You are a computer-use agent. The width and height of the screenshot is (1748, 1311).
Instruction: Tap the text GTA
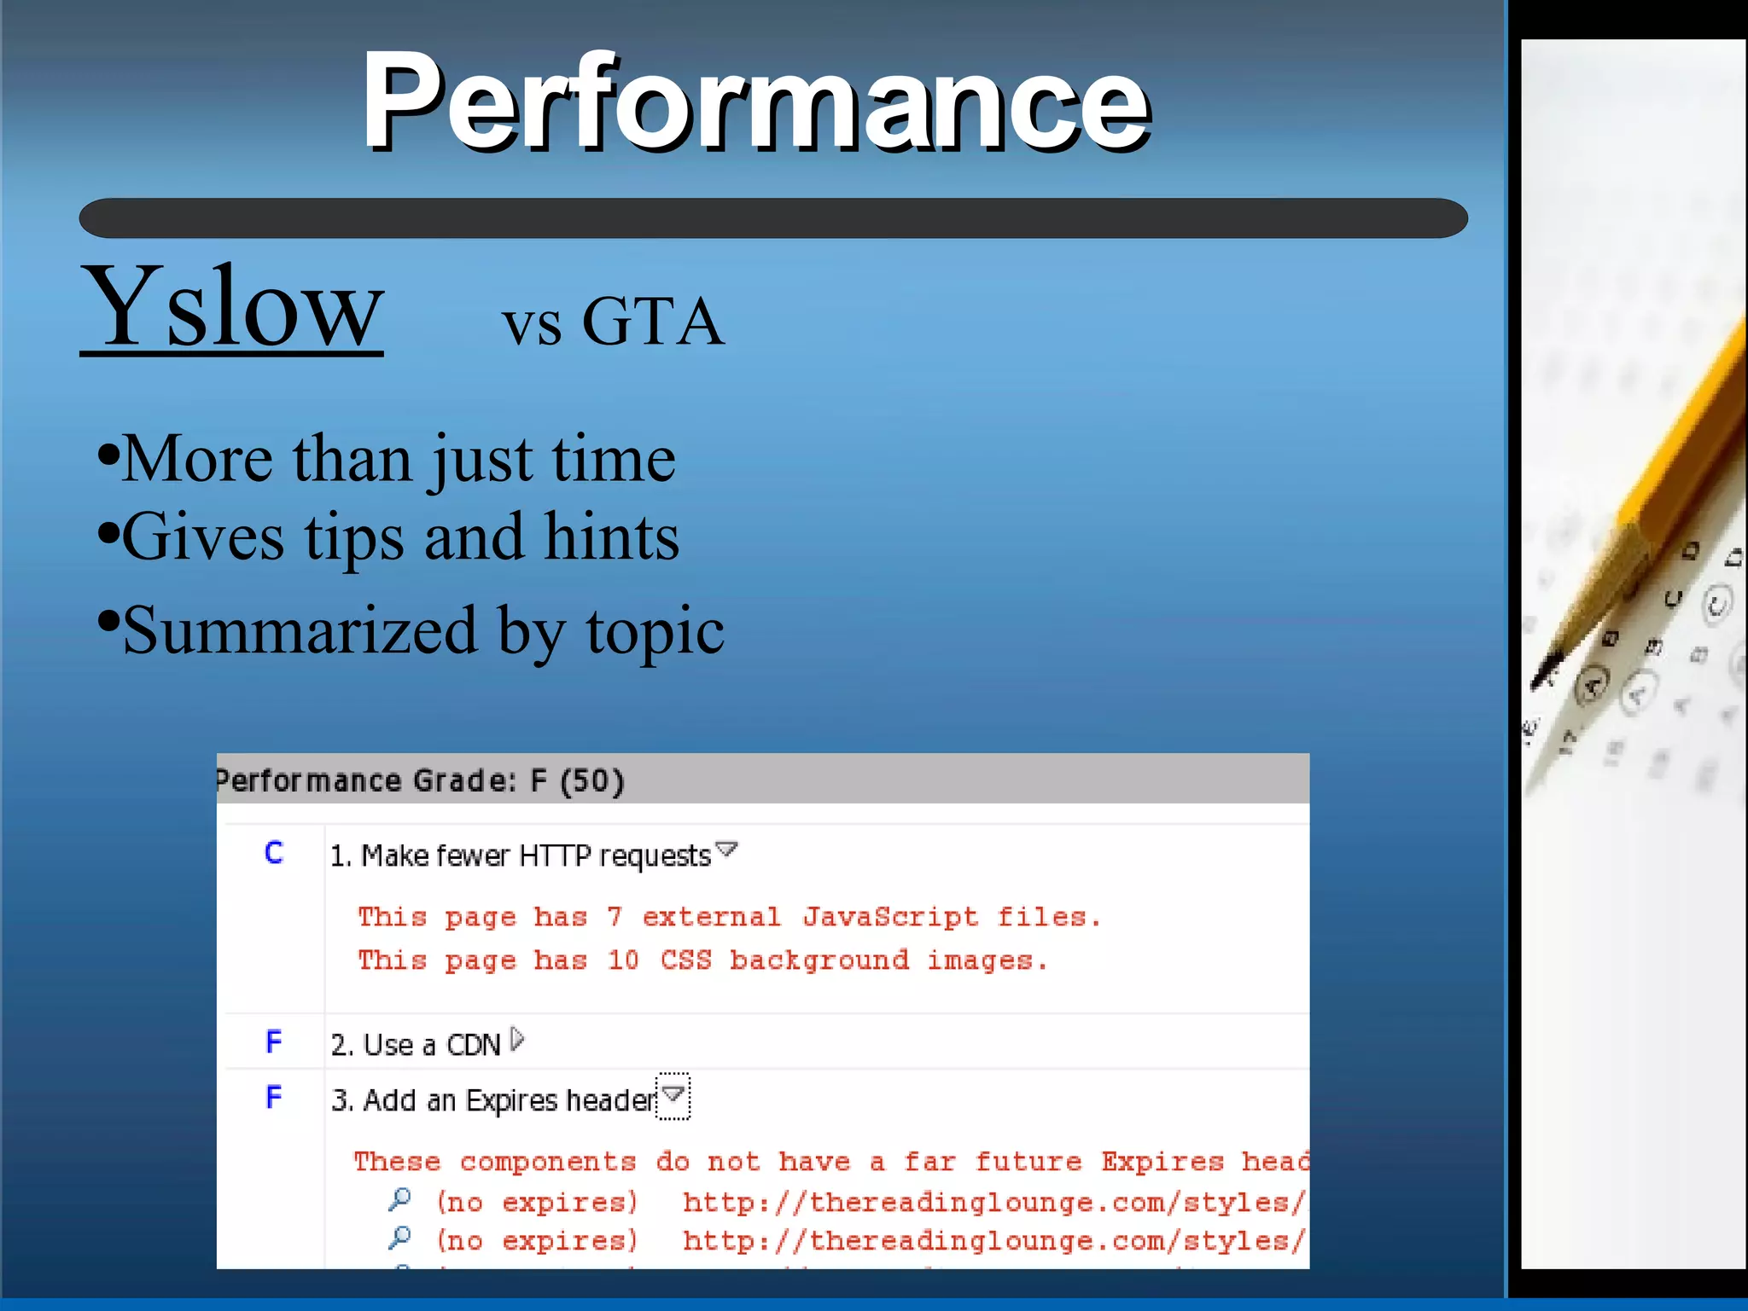click(x=653, y=322)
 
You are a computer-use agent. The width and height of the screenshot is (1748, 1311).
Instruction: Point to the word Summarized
click(x=300, y=631)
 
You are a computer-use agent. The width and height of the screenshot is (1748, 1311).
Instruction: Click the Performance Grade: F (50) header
click(x=420, y=780)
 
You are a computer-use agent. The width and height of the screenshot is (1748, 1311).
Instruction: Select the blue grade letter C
click(x=274, y=852)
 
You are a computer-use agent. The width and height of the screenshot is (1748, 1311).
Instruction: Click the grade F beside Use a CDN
click(x=274, y=1041)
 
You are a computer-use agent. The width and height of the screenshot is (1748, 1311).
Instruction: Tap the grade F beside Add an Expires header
click(x=274, y=1097)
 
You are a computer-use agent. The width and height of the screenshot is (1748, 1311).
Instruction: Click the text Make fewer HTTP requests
click(x=521, y=856)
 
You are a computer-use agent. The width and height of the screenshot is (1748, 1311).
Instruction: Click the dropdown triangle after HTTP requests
click(x=726, y=849)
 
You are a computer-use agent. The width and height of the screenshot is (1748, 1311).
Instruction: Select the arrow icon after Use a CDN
click(x=517, y=1040)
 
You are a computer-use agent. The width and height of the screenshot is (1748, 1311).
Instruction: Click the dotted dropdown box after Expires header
click(x=673, y=1095)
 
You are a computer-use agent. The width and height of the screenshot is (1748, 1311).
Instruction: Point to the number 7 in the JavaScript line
click(x=615, y=917)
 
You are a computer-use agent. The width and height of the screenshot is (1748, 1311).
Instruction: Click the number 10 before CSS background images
click(x=623, y=960)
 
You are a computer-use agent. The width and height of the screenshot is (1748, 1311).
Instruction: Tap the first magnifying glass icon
click(x=399, y=1200)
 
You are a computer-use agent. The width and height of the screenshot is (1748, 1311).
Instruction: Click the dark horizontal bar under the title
click(x=772, y=218)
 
